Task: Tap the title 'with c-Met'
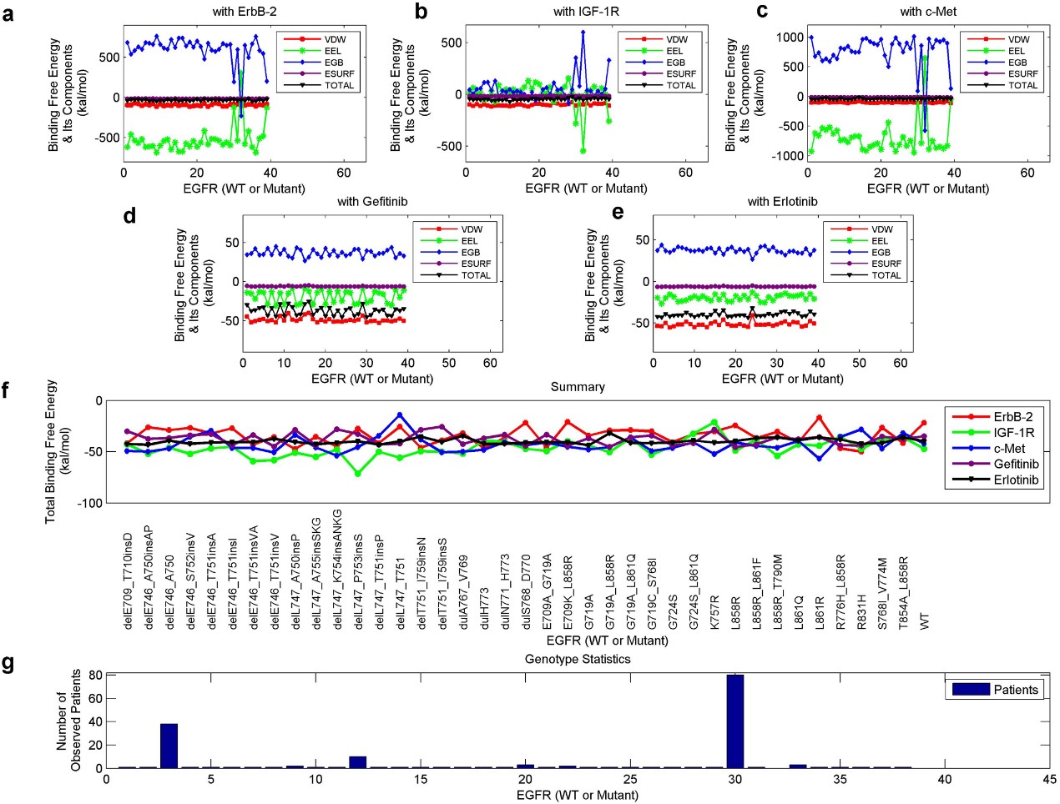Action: pos(928,12)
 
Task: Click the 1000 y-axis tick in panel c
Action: pos(790,38)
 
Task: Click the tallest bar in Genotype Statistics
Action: pos(734,721)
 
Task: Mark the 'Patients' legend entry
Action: pos(1015,690)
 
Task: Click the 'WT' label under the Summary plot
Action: pos(924,621)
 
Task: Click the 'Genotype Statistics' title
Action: pos(577,659)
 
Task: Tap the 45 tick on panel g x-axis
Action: pos(1049,780)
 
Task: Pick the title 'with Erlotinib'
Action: pos(782,201)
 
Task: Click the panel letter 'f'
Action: pos(8,389)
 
